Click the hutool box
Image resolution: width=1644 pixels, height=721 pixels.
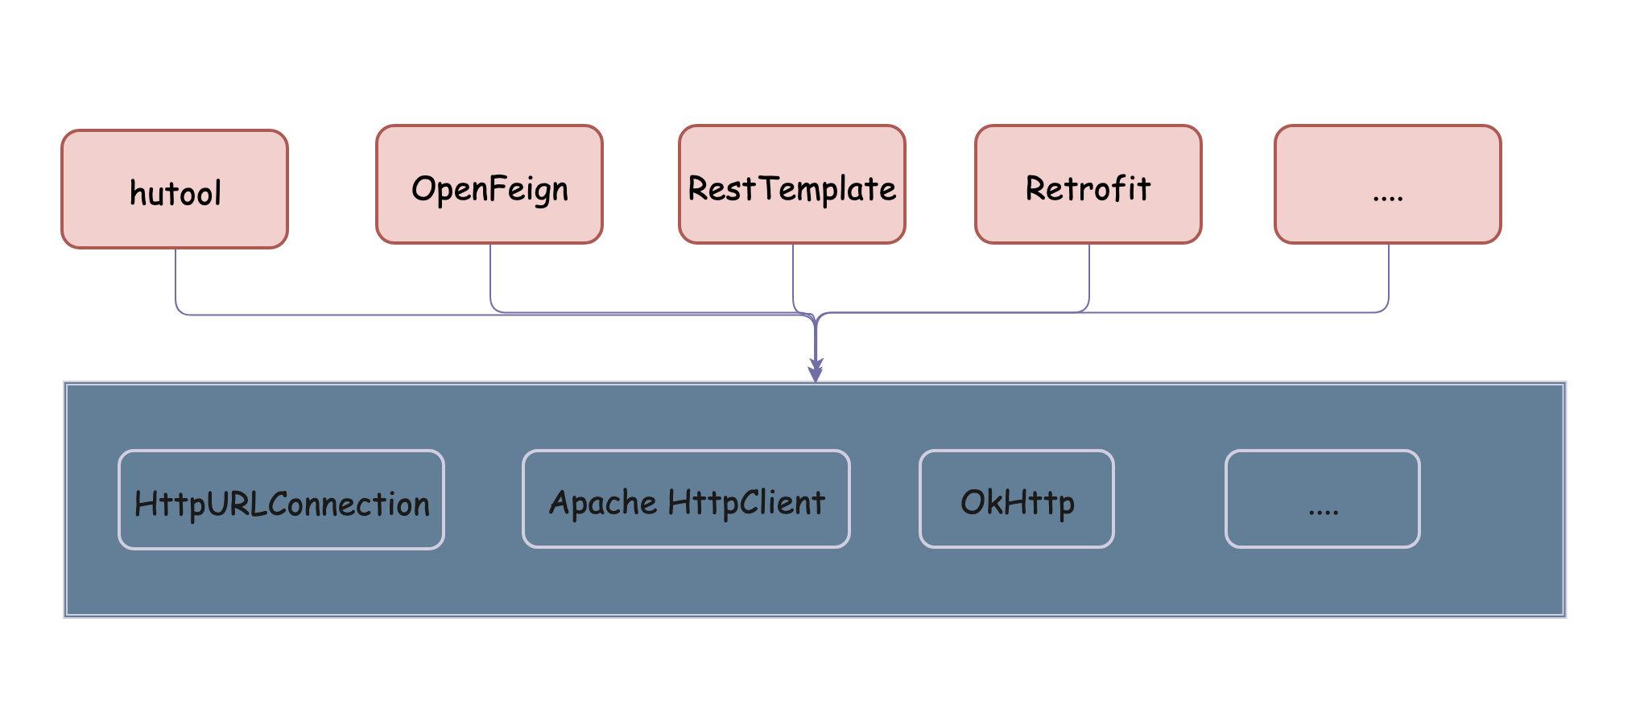pos(175,189)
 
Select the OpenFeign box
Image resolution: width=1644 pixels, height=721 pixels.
pos(489,184)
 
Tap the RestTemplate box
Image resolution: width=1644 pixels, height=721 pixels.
pos(792,184)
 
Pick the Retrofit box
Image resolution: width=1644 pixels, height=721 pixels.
pos(1088,184)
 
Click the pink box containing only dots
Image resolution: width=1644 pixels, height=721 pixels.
pos(1388,184)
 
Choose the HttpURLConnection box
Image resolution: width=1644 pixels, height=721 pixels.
pos(281,500)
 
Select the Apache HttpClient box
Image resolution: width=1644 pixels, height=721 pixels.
pos(686,499)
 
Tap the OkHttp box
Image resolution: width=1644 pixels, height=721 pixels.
pos(1017,499)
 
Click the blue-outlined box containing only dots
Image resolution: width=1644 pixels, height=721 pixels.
pos(1323,499)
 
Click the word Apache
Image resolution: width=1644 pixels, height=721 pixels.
pos(603,504)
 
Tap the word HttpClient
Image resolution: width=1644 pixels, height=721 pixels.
pos(746,503)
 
